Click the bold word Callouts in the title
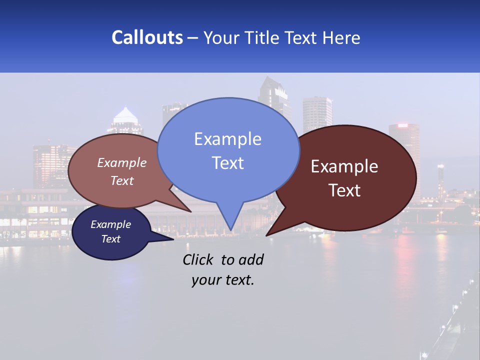pos(147,37)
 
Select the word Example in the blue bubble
pos(227,139)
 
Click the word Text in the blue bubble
pos(227,162)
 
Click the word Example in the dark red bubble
pos(344,166)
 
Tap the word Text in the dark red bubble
pos(344,190)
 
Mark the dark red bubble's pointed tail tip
pos(266,235)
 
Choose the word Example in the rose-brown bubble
pos(122,162)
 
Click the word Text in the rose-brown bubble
pos(122,180)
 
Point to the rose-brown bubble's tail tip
pos(190,211)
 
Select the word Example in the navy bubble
pos(110,224)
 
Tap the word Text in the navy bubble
pos(110,239)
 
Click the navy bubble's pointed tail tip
pos(173,239)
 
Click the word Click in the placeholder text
pos(199,259)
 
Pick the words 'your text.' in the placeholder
pos(223,280)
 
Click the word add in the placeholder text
pos(251,259)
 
